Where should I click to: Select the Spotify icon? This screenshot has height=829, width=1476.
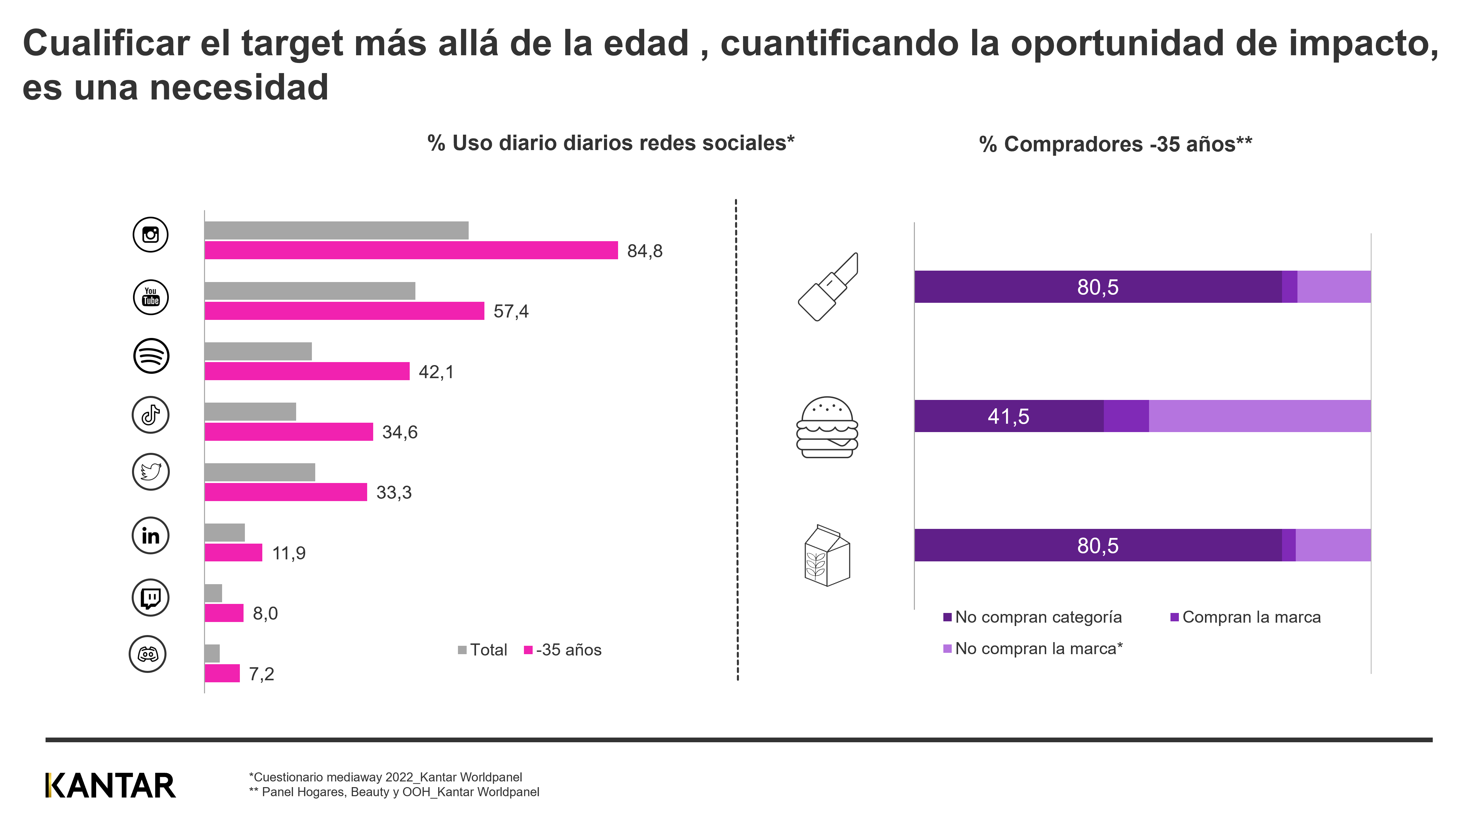point(151,356)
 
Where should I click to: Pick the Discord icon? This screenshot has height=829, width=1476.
point(148,654)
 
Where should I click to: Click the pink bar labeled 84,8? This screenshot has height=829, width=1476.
point(411,250)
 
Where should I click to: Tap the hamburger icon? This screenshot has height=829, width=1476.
point(827,427)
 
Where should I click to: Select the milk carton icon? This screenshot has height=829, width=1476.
point(827,556)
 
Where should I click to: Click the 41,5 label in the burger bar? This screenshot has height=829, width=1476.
point(1008,416)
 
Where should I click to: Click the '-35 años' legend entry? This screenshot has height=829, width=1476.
point(563,650)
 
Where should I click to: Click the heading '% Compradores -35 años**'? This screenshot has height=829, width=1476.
point(1115,144)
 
